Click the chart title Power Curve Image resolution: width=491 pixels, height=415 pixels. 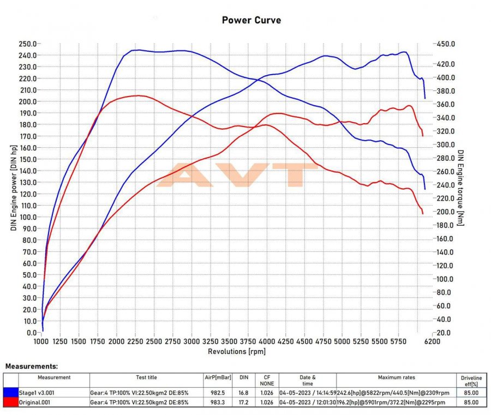(x=252, y=20)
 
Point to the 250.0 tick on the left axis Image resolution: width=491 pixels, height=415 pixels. (x=28, y=44)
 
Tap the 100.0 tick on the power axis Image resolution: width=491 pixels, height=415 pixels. (x=28, y=217)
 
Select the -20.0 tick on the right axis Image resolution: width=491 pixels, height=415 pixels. (x=444, y=332)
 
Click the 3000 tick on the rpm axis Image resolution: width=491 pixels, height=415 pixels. (x=192, y=341)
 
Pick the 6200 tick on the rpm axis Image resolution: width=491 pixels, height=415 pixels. (x=432, y=341)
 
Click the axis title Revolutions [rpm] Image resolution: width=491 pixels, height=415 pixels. (x=237, y=351)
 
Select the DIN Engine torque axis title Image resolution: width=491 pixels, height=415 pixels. (x=461, y=188)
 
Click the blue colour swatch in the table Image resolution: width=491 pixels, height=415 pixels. (x=11, y=392)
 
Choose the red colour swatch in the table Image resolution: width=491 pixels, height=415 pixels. (x=11, y=402)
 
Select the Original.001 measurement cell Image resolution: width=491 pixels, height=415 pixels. (x=37, y=402)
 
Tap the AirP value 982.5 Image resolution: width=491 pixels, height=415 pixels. (x=217, y=392)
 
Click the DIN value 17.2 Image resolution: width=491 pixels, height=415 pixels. (x=243, y=402)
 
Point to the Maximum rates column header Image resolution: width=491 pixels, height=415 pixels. (x=396, y=377)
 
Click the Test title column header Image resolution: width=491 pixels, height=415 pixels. (x=146, y=377)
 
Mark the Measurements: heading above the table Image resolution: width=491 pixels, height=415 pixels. (x=31, y=366)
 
